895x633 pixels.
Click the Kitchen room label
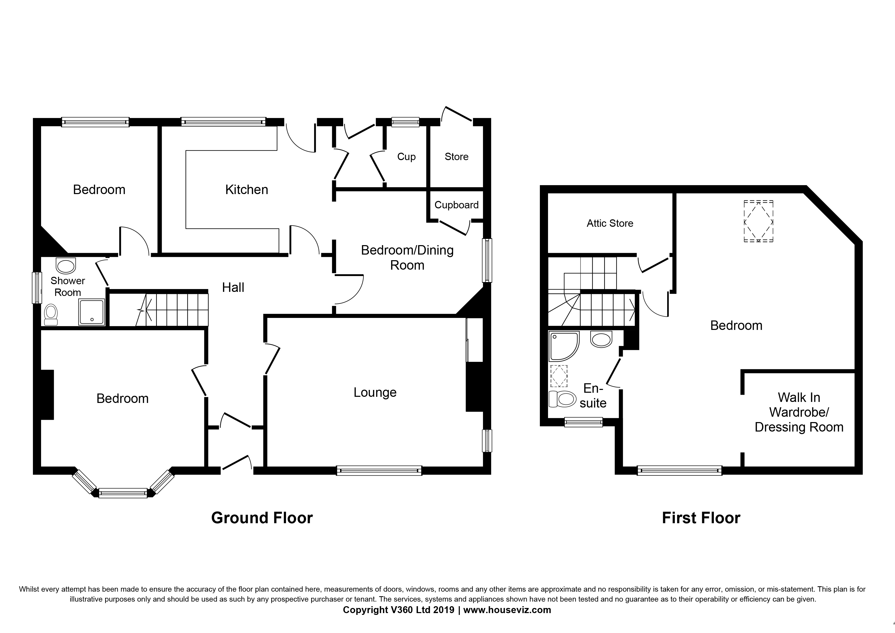coord(247,190)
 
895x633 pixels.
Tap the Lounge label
coord(375,393)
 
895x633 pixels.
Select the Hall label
coord(233,288)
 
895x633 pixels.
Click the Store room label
coord(456,157)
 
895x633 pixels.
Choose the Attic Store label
coord(610,223)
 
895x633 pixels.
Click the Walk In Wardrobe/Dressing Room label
coord(799,412)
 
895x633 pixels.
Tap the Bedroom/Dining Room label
coord(407,258)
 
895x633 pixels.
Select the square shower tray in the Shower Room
coord(92,312)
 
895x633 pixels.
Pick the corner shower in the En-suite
coord(564,346)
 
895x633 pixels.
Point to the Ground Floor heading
coord(262,518)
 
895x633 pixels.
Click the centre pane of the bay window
coord(123,493)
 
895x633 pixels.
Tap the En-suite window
coord(583,422)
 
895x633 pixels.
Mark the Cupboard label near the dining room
coord(456,205)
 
